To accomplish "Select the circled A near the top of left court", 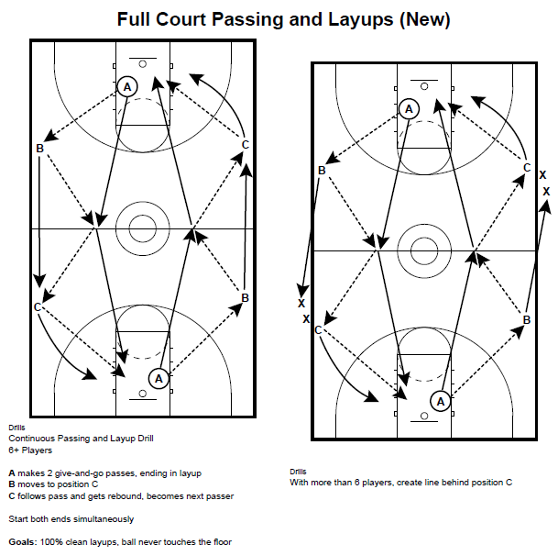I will click(x=127, y=86).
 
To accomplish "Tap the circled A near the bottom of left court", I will click(x=158, y=377).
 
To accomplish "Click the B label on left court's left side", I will click(x=39, y=149).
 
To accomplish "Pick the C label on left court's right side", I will click(x=246, y=144).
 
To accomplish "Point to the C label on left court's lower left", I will click(x=38, y=306).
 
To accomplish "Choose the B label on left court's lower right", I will click(x=245, y=296).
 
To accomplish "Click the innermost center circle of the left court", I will click(x=142, y=227).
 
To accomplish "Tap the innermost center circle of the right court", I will click(x=423, y=250).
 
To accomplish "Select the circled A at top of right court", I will click(x=409, y=108).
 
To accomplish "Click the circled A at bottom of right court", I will click(x=440, y=401).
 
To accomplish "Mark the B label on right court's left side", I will click(x=322, y=171).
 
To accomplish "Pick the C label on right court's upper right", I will click(x=527, y=167).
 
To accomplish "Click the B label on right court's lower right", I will click(x=527, y=319).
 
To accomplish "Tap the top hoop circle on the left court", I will click(x=142, y=63).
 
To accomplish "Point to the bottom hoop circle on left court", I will click(x=142, y=395).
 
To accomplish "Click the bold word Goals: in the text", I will click(x=22, y=542).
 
